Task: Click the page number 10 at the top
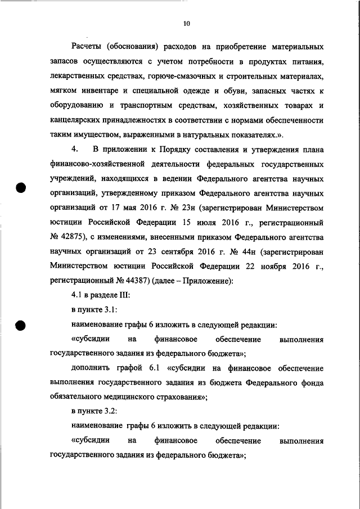[x=187, y=24]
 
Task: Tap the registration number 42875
[x=70, y=237]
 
